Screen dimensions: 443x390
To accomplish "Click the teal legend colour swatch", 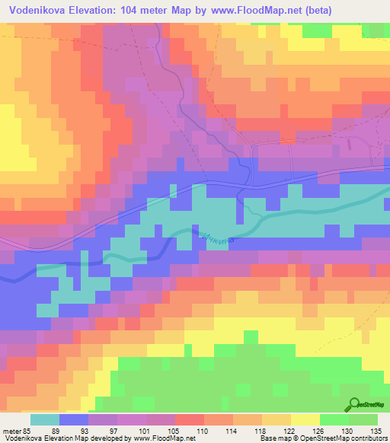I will coord(45,419).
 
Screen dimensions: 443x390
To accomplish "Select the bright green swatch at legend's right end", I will coord(363,419).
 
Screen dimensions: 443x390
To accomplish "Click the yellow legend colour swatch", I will coord(305,419).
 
